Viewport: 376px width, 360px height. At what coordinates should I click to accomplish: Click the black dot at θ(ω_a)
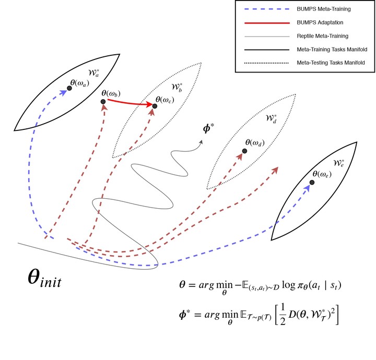pos(69,88)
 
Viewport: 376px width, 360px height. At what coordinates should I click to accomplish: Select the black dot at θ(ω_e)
pos(312,182)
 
